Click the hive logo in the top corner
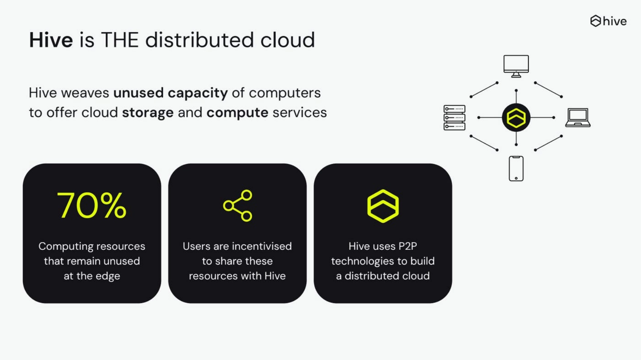(608, 21)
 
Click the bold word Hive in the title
(51, 40)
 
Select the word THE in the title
(119, 40)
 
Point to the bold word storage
(148, 113)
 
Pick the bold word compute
(237, 113)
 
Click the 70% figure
(92, 206)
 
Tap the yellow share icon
(238, 206)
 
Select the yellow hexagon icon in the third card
(383, 206)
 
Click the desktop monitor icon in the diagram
(516, 66)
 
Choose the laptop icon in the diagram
(578, 117)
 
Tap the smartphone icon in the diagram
(516, 169)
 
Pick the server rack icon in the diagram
(454, 117)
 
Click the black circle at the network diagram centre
(516, 117)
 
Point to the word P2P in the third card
(407, 246)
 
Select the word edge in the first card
(108, 276)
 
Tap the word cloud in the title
(287, 40)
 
